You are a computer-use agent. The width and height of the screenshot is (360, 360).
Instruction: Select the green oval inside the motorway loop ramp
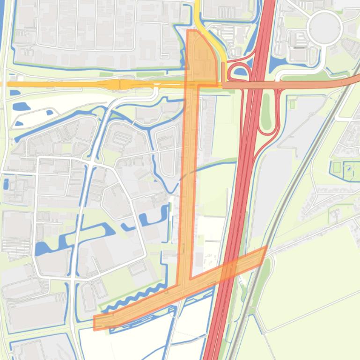tap(266, 112)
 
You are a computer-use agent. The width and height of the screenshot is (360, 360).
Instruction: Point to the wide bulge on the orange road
tap(114, 84)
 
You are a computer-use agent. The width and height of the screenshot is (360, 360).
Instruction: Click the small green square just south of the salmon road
tap(293, 104)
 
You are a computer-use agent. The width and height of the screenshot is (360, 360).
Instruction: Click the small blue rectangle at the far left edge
tap(6, 184)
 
